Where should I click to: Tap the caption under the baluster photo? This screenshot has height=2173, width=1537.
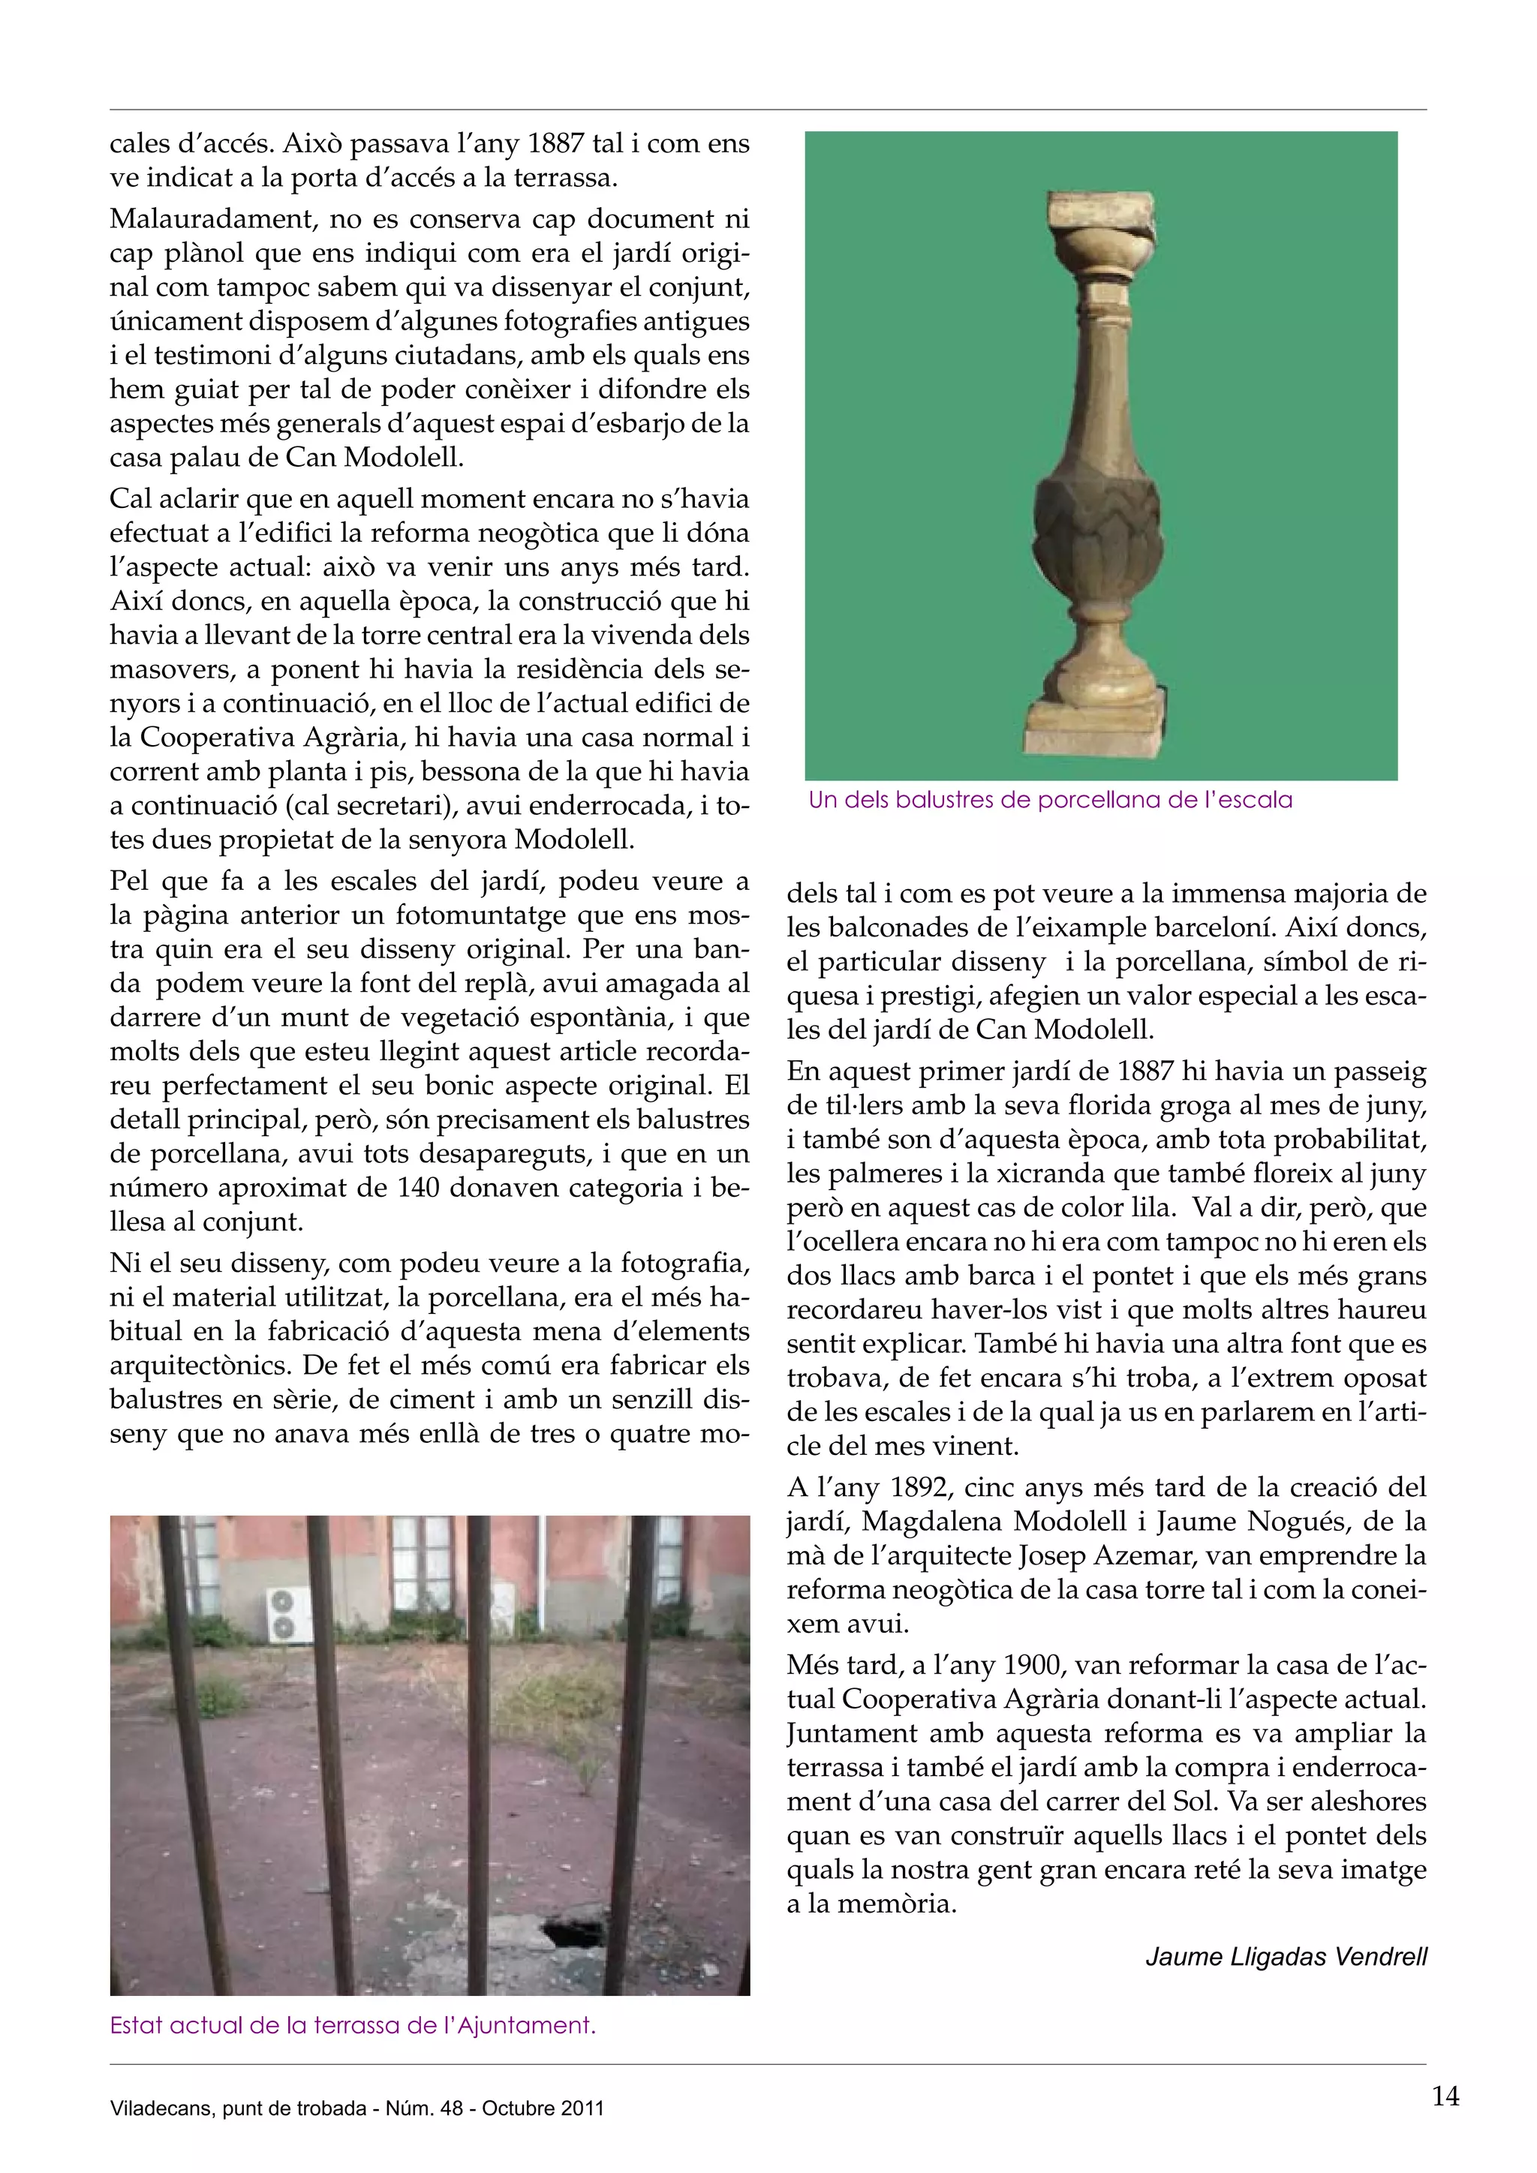1050,800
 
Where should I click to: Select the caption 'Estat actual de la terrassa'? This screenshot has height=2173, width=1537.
352,2025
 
